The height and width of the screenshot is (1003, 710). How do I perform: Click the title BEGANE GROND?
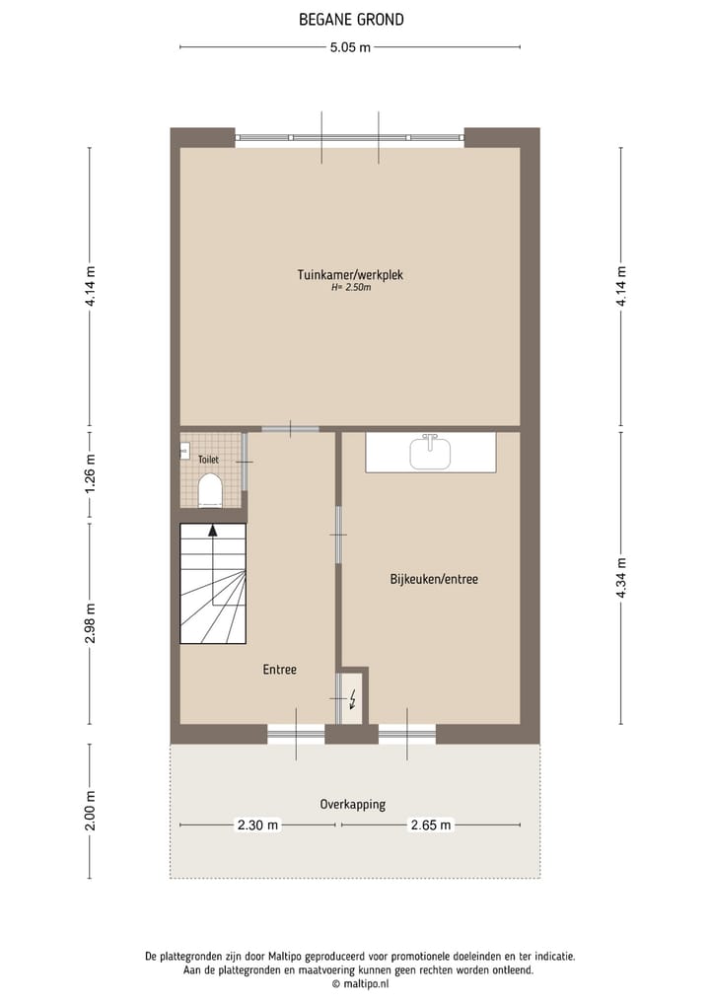[x=351, y=20]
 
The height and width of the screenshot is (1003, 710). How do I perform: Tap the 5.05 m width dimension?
[x=351, y=46]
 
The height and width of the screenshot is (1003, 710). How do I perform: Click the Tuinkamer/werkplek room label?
[x=350, y=275]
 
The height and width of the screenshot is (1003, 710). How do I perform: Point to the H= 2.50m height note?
[x=350, y=288]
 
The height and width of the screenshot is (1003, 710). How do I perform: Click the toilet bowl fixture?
[x=210, y=489]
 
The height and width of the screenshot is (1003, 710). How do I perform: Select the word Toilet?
[x=208, y=460]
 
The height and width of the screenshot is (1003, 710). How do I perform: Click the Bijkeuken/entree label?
[x=433, y=579]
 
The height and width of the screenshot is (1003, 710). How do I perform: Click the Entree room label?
[x=279, y=670]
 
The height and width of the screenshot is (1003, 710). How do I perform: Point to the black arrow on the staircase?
[x=212, y=531]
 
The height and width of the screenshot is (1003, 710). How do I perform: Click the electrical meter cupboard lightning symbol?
[x=353, y=701]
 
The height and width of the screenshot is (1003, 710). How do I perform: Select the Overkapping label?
[x=352, y=804]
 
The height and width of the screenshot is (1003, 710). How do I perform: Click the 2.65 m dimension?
[x=432, y=824]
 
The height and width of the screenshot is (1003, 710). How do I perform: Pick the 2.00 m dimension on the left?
[x=90, y=811]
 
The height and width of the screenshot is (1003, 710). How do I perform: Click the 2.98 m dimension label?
[x=90, y=623]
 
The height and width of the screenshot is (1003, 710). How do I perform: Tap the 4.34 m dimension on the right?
[x=620, y=579]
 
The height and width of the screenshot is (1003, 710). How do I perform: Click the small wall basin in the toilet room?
[x=184, y=452]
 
